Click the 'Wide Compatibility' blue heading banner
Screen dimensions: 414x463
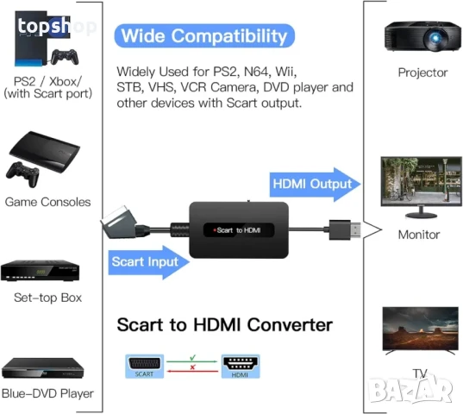(x=203, y=36)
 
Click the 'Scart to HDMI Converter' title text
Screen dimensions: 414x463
(x=224, y=325)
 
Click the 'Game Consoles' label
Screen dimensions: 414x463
(x=47, y=202)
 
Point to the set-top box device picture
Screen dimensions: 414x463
(x=47, y=272)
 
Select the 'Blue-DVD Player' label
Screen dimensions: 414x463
(x=47, y=393)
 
